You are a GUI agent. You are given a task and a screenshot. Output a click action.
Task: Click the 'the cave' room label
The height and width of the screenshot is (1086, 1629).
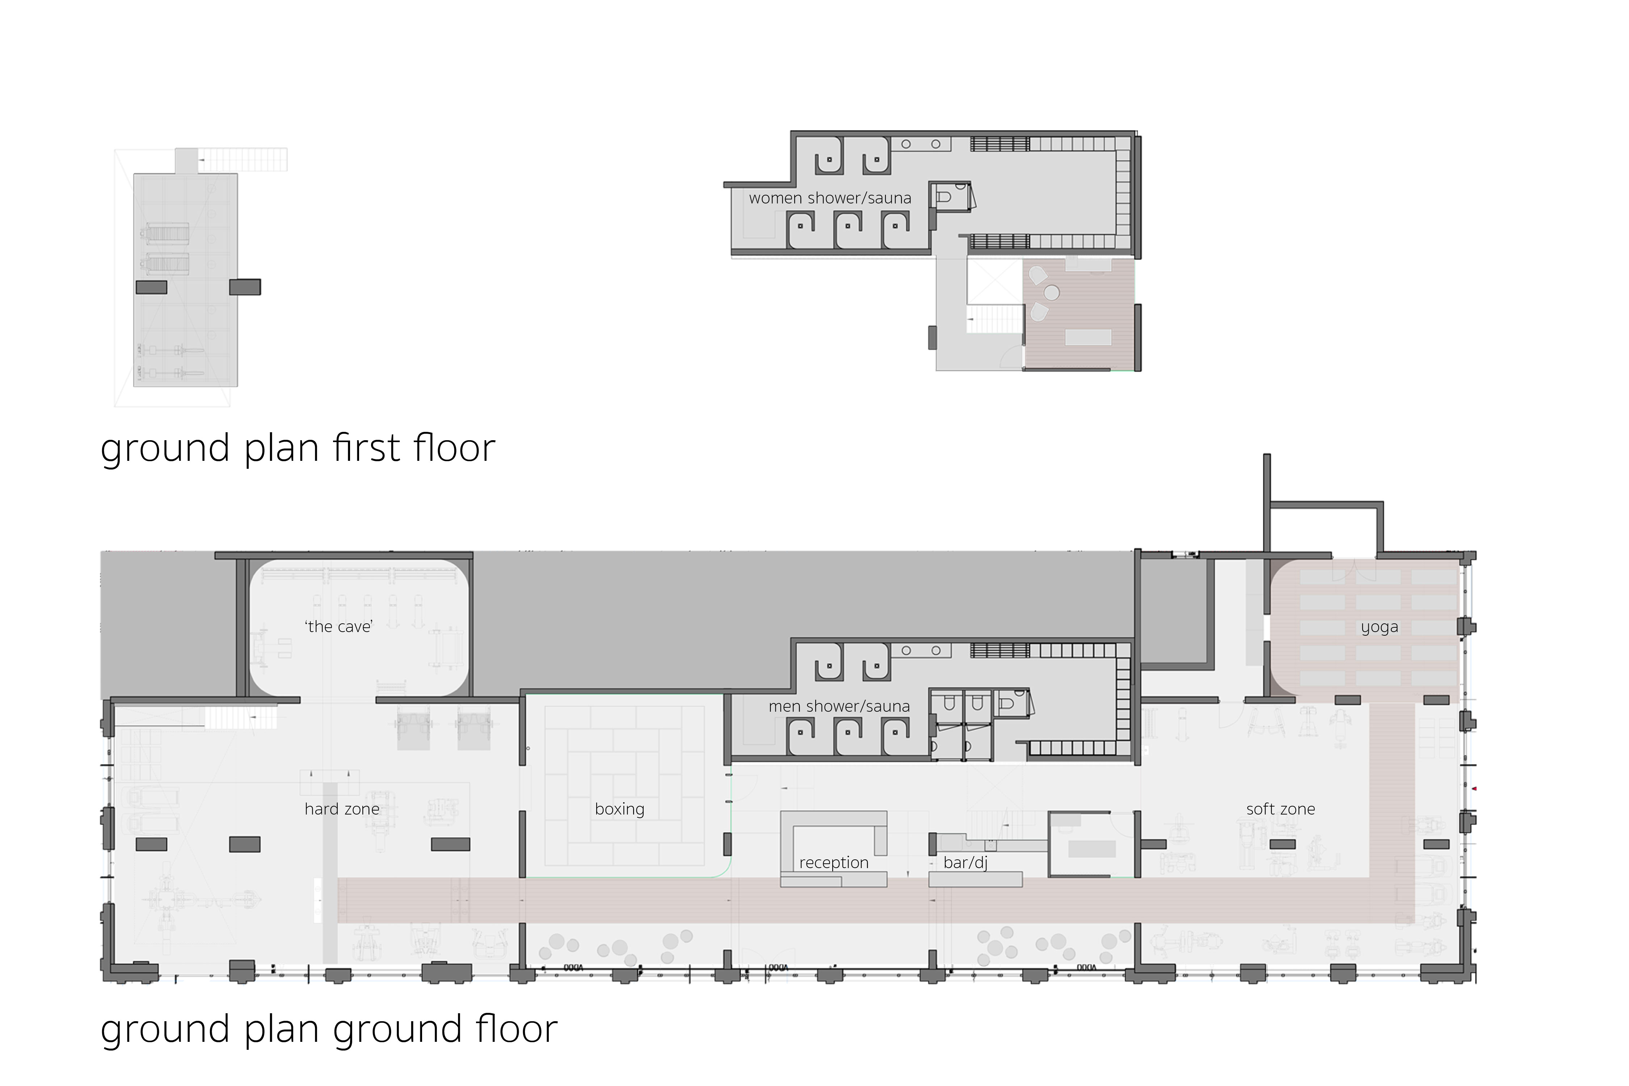[x=339, y=627]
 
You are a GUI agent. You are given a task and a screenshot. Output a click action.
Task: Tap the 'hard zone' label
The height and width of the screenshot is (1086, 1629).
[x=342, y=809]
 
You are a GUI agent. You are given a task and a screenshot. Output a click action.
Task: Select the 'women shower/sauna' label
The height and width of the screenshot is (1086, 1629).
[x=830, y=198]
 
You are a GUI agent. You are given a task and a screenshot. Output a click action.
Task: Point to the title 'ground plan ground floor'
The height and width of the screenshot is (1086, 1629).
[x=329, y=1030]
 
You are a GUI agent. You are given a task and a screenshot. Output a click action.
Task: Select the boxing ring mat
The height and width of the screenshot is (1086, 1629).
[x=625, y=787]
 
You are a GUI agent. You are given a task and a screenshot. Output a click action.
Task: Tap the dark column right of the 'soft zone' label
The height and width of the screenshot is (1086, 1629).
[x=1436, y=844]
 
